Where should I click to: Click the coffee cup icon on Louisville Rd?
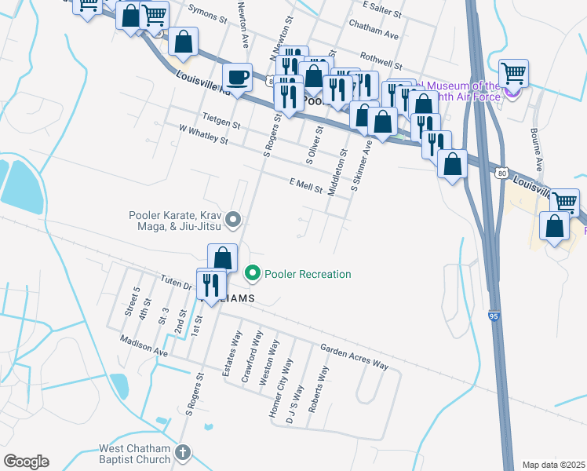click(237, 78)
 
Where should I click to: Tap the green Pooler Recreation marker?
click(253, 274)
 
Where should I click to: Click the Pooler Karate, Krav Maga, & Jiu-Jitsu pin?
click(232, 220)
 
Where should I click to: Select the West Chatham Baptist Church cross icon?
click(182, 453)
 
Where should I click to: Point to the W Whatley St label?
click(202, 134)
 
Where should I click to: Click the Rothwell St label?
click(381, 60)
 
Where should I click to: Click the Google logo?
click(26, 461)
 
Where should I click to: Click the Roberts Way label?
click(317, 389)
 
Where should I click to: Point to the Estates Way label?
click(231, 354)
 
